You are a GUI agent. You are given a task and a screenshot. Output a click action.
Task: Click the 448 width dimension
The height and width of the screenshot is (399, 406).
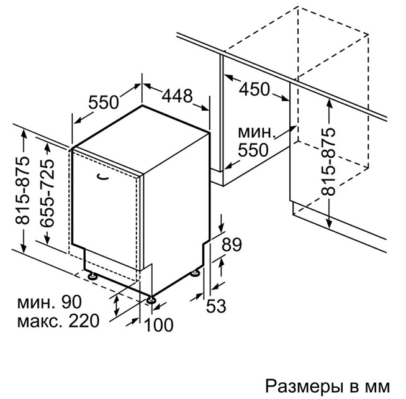click(x=178, y=96)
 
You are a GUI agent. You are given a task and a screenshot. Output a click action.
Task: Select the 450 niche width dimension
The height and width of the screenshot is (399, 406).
click(x=255, y=89)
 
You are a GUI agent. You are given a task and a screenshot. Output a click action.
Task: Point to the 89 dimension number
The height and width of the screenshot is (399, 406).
click(x=232, y=244)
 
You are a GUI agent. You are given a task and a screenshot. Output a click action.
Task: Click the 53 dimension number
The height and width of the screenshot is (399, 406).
click(x=216, y=306)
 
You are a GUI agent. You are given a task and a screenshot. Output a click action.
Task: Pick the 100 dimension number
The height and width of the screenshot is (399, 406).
click(x=158, y=325)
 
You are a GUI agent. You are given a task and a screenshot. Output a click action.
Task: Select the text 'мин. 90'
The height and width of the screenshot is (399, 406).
click(x=50, y=302)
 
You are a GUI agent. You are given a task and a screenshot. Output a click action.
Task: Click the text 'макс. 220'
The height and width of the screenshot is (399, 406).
click(x=58, y=321)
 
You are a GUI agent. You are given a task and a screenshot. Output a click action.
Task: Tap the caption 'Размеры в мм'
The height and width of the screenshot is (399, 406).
click(x=327, y=386)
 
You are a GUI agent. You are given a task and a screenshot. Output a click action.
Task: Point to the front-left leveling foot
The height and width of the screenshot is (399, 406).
click(x=92, y=276)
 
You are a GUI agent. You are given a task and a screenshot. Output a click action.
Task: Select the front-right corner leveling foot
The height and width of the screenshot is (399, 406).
click(x=151, y=300)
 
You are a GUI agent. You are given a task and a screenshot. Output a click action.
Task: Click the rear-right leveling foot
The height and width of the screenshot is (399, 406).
click(x=195, y=273)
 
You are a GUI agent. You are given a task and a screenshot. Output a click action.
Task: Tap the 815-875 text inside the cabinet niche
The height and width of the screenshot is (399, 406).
click(x=328, y=162)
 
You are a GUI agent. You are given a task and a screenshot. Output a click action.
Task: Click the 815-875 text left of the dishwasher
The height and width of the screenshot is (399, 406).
click(x=23, y=191)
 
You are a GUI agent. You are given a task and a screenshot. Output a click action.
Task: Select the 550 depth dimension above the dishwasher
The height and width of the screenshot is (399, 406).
click(x=103, y=102)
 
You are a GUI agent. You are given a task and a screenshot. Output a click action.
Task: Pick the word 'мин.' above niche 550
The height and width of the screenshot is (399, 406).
click(x=256, y=132)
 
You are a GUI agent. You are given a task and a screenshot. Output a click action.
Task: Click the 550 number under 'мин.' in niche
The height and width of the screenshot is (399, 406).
click(x=253, y=150)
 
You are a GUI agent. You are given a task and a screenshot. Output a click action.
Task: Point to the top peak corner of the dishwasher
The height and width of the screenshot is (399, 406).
click(x=142, y=106)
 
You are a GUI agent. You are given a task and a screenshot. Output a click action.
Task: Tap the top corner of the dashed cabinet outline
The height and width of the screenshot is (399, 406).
click(x=298, y=7)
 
